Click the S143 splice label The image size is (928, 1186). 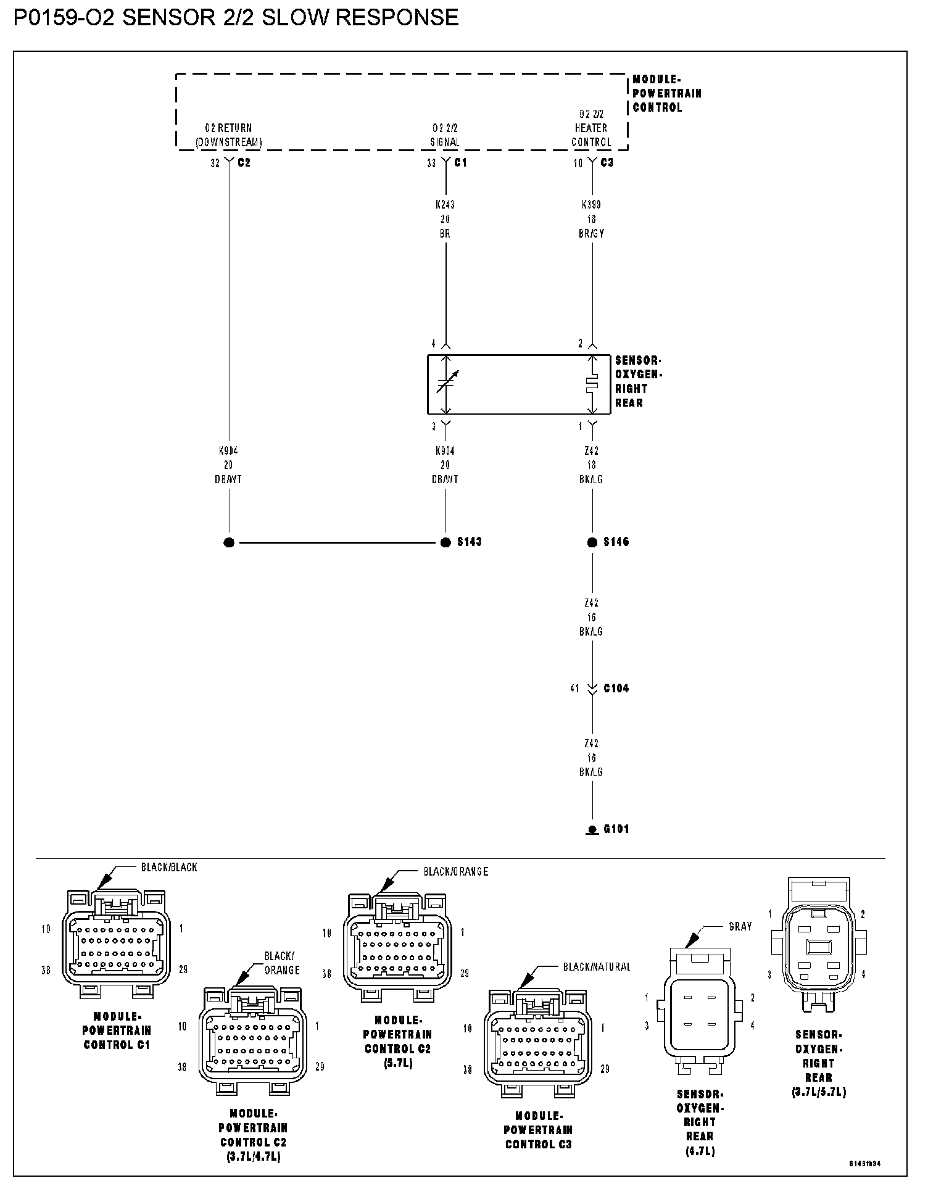(469, 542)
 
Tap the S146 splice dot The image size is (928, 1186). (592, 542)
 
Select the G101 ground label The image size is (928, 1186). (616, 829)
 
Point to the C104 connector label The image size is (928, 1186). (616, 688)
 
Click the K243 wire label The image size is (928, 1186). (445, 205)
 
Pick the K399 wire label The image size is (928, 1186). (591, 205)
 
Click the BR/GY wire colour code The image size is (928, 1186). (591, 234)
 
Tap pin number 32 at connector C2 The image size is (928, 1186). (215, 163)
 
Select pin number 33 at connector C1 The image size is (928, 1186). (431, 163)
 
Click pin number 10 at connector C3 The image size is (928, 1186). (578, 163)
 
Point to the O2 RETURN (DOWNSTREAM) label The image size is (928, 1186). (228, 135)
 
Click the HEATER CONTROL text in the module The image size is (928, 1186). (591, 135)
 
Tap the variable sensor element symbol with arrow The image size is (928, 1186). (447, 383)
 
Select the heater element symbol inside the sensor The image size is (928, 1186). (592, 384)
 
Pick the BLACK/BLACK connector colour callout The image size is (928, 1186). (169, 867)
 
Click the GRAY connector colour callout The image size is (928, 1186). (740, 926)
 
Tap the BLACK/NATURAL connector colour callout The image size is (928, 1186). (597, 967)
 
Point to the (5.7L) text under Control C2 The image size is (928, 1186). (397, 1063)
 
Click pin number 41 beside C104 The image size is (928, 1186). (575, 688)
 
